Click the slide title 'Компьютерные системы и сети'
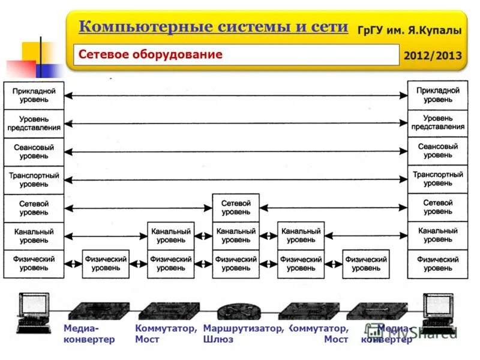[x=213, y=27]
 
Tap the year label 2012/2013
[x=433, y=56]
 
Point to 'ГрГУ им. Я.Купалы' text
[x=409, y=30]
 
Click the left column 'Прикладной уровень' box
[x=34, y=95]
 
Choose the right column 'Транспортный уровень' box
[x=437, y=179]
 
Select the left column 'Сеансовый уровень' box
[x=34, y=151]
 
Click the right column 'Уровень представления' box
[x=437, y=123]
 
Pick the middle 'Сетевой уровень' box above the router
[x=236, y=208]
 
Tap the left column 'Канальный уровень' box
[x=34, y=236]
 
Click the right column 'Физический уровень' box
[x=437, y=264]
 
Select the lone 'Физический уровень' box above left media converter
[x=106, y=264]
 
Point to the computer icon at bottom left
[x=33, y=312]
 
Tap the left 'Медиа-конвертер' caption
[x=89, y=334]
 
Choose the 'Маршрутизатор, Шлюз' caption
[x=243, y=334]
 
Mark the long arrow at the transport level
[x=236, y=179]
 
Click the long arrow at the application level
[x=236, y=94]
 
